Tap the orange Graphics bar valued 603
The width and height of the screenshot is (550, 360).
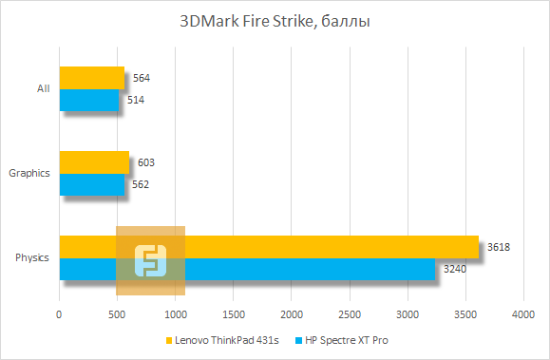pyautogui.click(x=93, y=162)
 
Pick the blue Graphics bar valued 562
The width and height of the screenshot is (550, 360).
pyautogui.click(x=91, y=184)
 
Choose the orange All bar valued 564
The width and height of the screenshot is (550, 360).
pyautogui.click(x=91, y=78)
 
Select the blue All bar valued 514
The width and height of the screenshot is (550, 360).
pyautogui.click(x=89, y=100)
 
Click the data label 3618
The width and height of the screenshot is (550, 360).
pyautogui.click(x=499, y=247)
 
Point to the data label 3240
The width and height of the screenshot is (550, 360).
pyautogui.click(x=455, y=270)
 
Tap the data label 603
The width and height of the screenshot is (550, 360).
pyautogui.click(x=145, y=163)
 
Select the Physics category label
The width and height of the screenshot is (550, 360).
pyautogui.click(x=33, y=257)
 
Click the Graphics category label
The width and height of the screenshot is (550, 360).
pyautogui.click(x=29, y=173)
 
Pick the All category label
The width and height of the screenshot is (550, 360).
pyautogui.click(x=43, y=88)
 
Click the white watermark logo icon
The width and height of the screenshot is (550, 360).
pyautogui.click(x=150, y=260)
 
